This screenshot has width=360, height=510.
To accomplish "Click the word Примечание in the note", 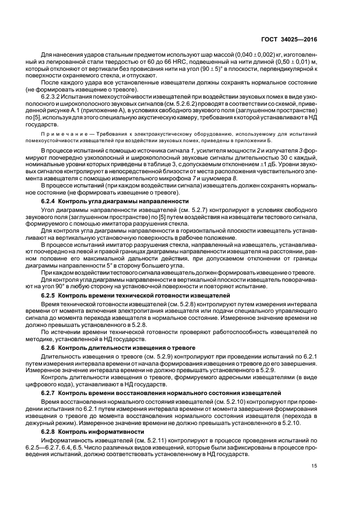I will (x=61, y=133).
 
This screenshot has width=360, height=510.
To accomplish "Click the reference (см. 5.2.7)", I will (x=188, y=210).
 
